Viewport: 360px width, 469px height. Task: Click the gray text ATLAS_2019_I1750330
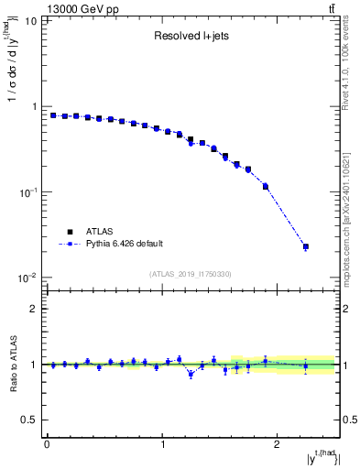click(191, 274)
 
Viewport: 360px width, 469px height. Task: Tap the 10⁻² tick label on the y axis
click(27, 278)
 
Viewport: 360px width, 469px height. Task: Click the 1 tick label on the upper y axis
click(34, 106)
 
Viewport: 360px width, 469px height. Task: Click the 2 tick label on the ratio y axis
click(34, 309)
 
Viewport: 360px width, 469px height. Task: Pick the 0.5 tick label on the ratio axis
click(30, 420)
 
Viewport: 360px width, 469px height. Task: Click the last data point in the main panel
click(306, 246)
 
